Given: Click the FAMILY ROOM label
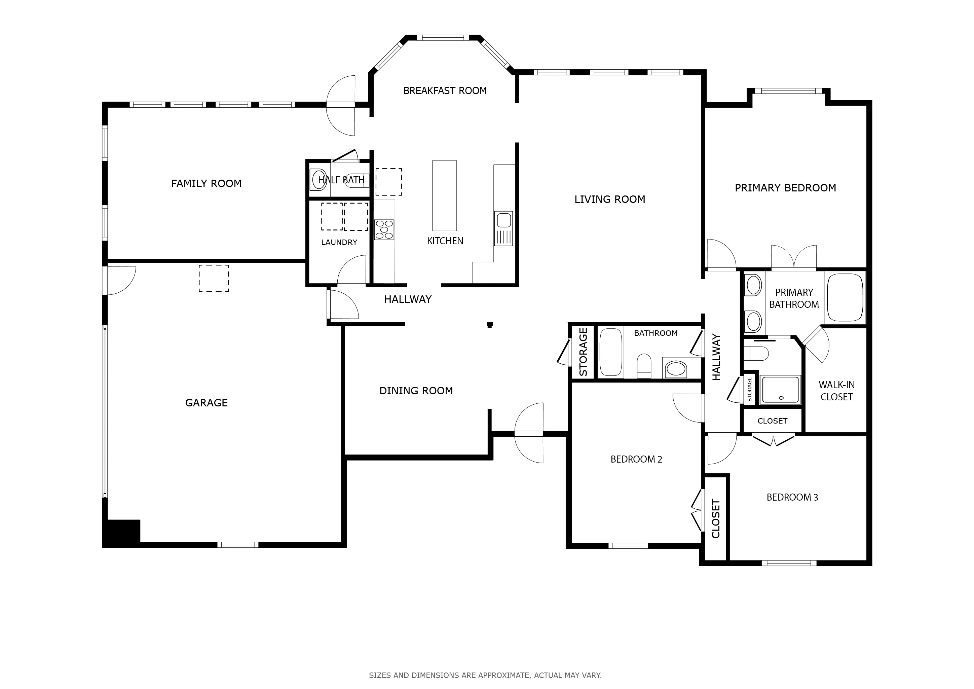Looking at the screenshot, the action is click(206, 183).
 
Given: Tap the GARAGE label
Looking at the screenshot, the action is click(206, 403).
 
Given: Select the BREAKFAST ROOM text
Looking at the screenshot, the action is click(445, 91).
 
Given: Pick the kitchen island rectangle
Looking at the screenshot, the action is click(445, 195).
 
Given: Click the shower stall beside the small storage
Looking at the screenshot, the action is click(780, 390).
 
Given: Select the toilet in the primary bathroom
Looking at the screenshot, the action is click(756, 353).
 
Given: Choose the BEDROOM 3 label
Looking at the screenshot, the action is click(792, 497).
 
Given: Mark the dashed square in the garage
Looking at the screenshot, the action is click(214, 278).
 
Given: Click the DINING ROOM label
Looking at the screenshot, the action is click(416, 391).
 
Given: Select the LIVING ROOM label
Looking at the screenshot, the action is click(610, 200).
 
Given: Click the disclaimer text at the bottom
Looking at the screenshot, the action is click(485, 675).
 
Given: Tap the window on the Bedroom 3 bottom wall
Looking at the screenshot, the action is click(789, 563).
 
